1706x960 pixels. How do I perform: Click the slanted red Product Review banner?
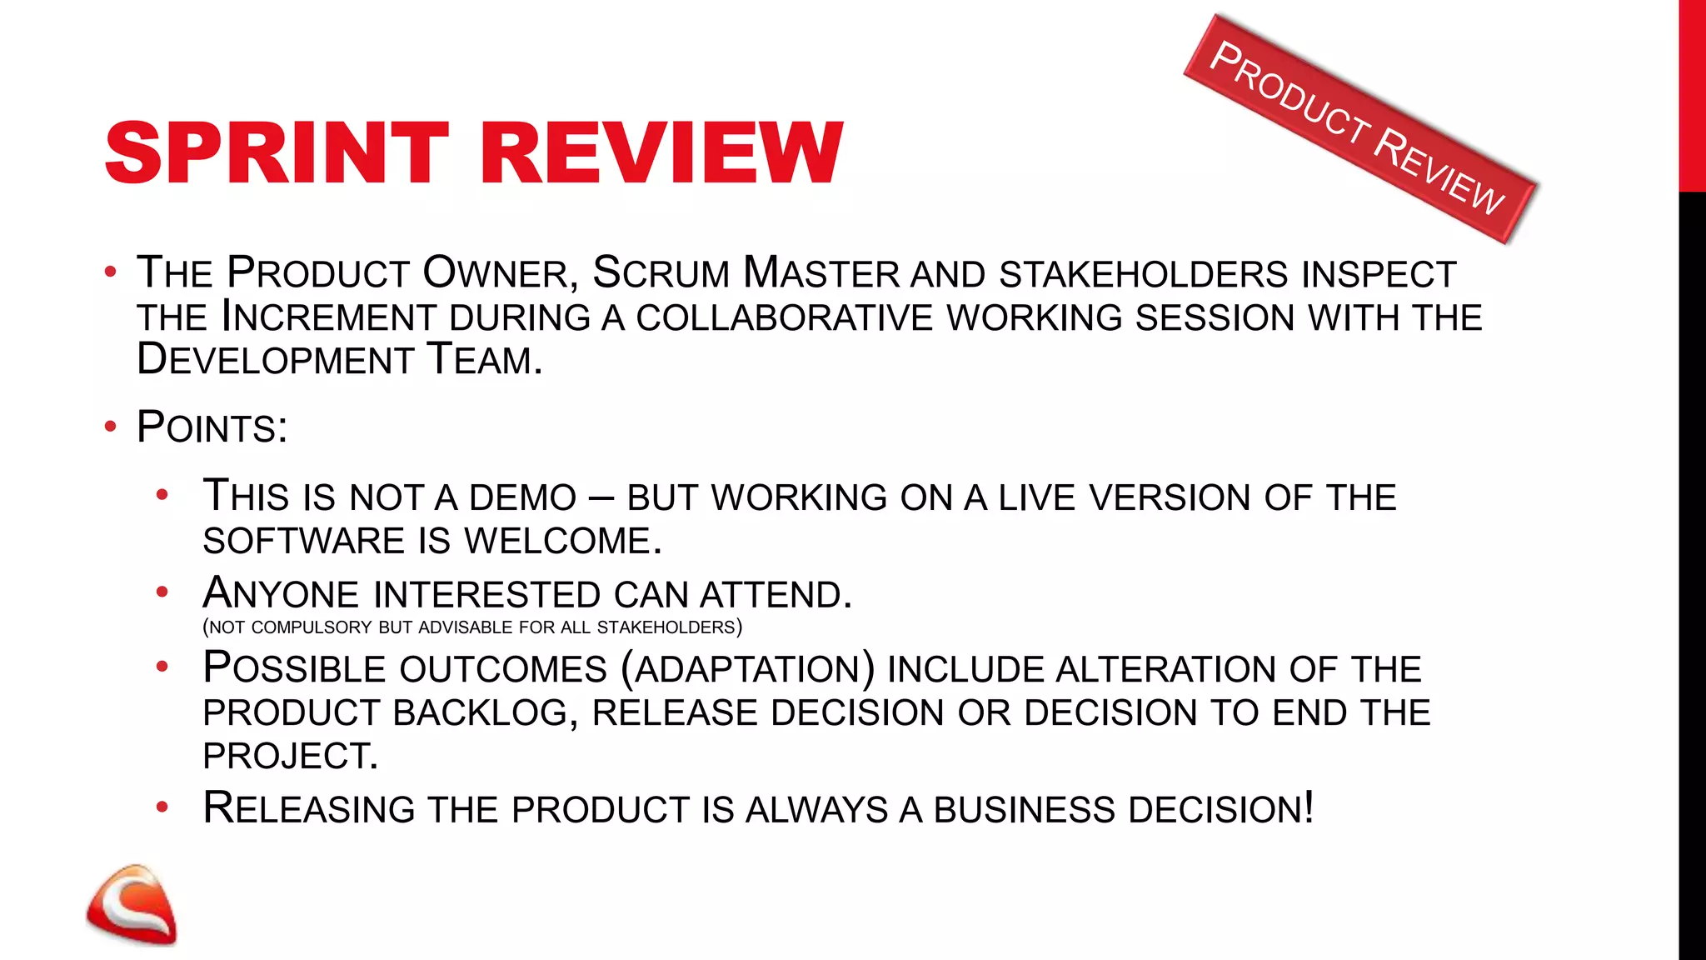(1359, 129)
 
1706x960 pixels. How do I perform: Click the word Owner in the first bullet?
(495, 273)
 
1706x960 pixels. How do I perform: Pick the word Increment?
(329, 317)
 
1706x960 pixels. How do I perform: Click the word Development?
(275, 360)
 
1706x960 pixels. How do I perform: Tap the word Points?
(212, 428)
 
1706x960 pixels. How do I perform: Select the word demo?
(522, 498)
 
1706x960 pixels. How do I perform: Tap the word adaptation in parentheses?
(747, 670)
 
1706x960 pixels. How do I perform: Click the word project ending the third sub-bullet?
(290, 757)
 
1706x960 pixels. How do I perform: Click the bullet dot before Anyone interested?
(162, 592)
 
